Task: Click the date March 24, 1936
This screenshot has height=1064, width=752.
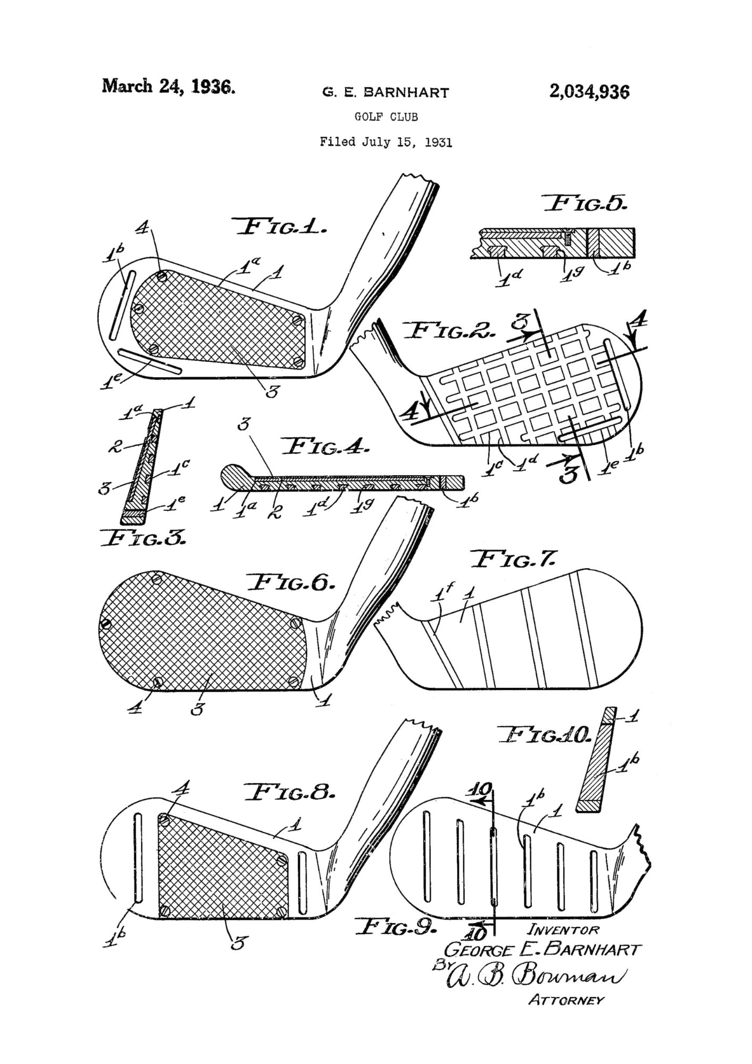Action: [x=168, y=86]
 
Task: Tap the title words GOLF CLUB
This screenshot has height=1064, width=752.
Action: [x=386, y=117]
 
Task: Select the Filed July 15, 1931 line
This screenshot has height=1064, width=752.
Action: [x=386, y=142]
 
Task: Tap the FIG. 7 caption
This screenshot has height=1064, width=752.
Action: [x=514, y=560]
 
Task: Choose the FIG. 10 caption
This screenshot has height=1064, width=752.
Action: [x=545, y=736]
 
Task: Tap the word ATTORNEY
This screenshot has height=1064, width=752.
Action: [x=566, y=1001]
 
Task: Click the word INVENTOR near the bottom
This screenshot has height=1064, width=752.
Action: [x=563, y=930]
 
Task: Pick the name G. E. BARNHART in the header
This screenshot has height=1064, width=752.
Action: [x=386, y=93]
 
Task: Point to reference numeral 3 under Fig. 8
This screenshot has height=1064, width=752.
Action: [x=237, y=943]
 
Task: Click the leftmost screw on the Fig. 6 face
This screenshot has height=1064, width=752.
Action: [x=106, y=624]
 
